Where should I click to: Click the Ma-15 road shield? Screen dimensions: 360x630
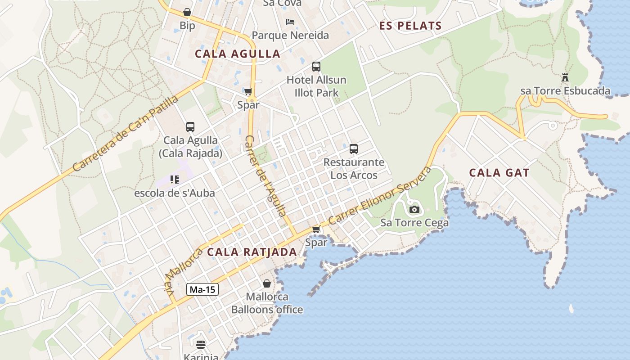tap(202, 289)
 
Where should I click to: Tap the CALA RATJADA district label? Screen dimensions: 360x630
tap(252, 252)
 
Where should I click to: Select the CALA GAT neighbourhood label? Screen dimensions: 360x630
tap(499, 173)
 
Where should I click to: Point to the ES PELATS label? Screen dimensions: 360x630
tap(410, 26)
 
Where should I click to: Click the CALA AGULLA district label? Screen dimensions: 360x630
tap(238, 54)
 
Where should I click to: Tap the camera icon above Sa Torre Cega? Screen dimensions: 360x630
tap(414, 209)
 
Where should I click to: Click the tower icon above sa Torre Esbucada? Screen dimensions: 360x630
tap(565, 77)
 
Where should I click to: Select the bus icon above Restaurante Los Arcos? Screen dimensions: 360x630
tap(354, 148)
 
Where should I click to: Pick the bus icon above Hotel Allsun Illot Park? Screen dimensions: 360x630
tap(316, 67)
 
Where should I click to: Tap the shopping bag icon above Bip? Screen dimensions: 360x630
tap(187, 12)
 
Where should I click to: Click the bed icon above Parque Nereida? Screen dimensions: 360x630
tap(290, 22)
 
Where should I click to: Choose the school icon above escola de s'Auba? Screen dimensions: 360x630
tap(175, 180)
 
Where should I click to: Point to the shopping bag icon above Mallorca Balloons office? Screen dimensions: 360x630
tap(267, 283)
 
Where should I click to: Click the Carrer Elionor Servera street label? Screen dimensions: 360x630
tap(380, 196)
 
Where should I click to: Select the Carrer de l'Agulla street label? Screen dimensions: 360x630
tap(265, 175)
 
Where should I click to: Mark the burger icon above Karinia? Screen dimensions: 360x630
tap(201, 345)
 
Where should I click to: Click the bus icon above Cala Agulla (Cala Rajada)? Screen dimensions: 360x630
tap(190, 127)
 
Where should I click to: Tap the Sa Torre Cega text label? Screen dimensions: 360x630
tap(414, 223)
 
